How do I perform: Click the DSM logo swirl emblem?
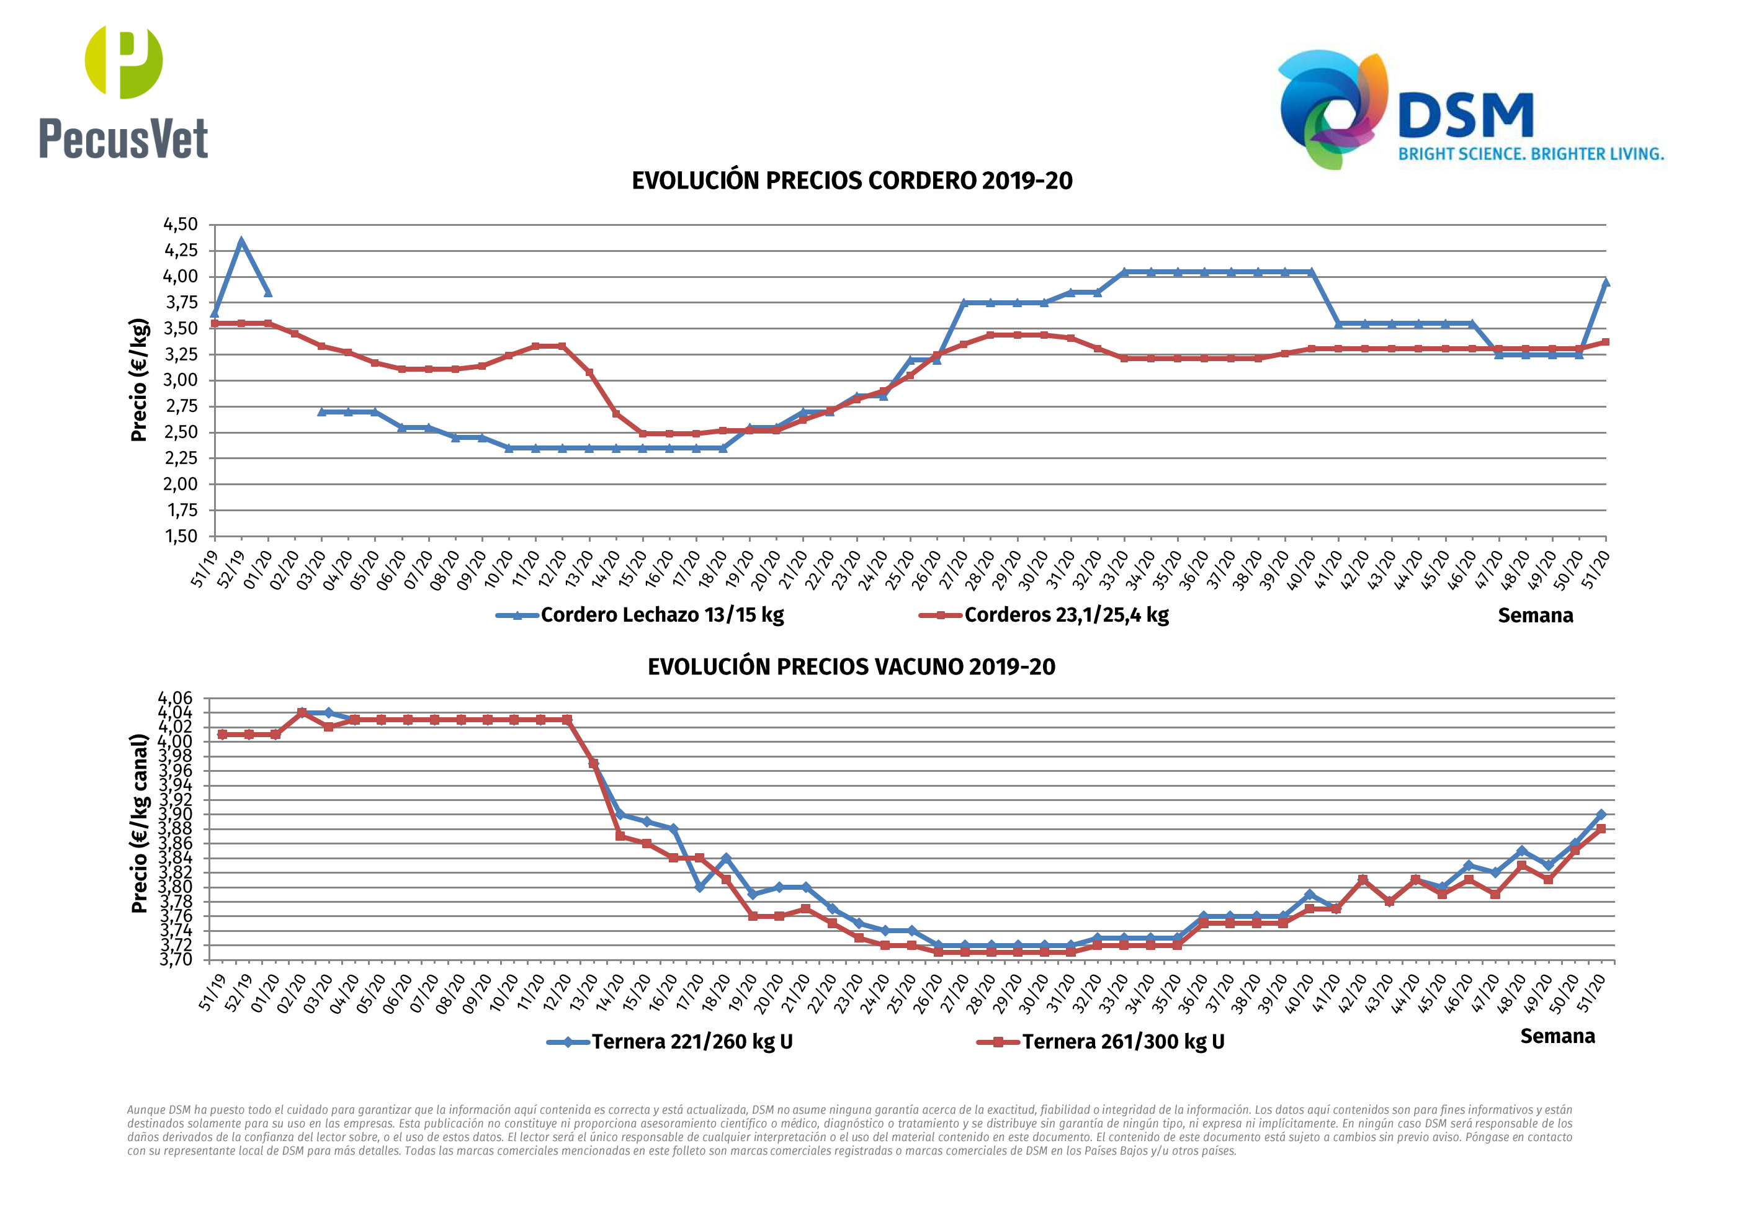[1332, 109]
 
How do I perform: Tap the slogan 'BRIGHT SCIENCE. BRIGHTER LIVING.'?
[1530, 154]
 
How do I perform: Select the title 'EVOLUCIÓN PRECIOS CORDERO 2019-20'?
[851, 181]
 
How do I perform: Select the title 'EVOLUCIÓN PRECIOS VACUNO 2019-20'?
[851, 667]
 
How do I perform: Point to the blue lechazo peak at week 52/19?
[241, 242]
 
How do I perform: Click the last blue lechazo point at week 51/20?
[1605, 282]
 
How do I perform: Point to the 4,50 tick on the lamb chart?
[181, 225]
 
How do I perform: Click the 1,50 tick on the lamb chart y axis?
[181, 536]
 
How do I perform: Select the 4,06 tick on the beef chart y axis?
[175, 698]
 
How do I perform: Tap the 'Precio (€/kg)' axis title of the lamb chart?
[139, 380]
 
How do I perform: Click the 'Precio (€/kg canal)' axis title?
[139, 824]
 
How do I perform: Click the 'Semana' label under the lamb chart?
[1535, 616]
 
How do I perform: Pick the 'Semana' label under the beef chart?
[1557, 1037]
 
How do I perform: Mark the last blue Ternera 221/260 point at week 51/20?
[1601, 815]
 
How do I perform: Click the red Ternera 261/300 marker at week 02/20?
[302, 713]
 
